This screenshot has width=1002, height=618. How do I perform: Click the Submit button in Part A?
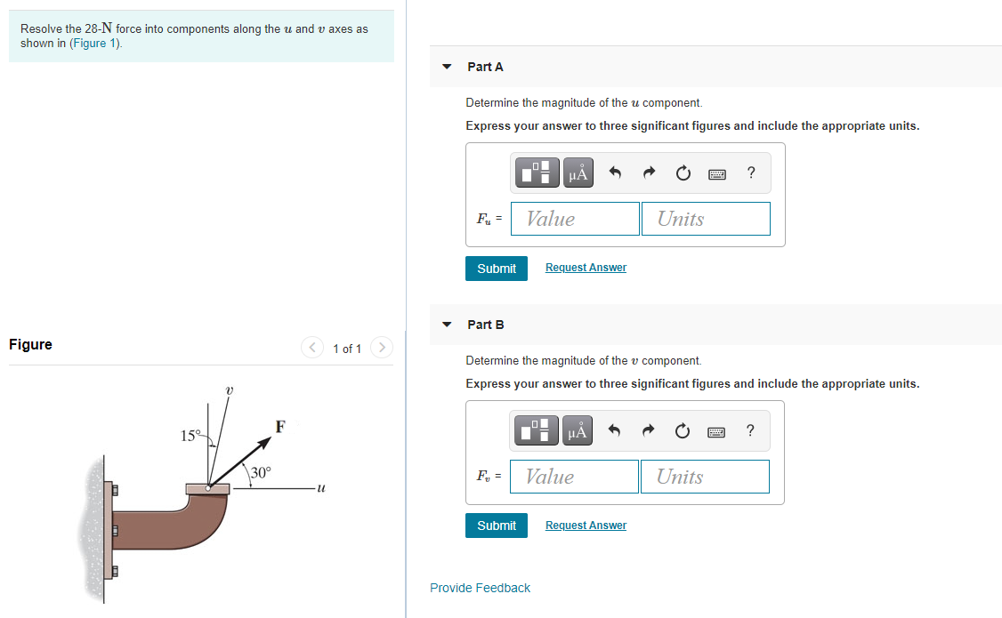(496, 269)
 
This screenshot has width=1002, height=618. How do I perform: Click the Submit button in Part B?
(496, 526)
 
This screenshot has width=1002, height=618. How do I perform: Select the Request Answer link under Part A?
(586, 268)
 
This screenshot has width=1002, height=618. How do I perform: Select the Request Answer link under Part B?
(586, 526)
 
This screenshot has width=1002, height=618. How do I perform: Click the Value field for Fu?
(575, 219)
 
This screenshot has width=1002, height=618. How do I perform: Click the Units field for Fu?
(706, 219)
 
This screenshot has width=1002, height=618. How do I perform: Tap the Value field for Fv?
(574, 477)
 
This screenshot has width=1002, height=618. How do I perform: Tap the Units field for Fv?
(705, 477)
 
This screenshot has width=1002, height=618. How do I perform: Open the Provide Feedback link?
(480, 588)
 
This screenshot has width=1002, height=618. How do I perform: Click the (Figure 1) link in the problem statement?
(94, 43)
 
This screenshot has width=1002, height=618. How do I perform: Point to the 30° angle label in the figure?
(261, 472)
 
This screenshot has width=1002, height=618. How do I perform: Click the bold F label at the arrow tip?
(279, 426)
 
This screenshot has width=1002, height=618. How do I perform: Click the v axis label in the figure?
(229, 389)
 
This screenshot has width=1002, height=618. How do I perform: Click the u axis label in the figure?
(321, 487)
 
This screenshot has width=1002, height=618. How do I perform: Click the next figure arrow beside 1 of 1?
(381, 348)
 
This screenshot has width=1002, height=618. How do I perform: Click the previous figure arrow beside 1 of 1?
(312, 348)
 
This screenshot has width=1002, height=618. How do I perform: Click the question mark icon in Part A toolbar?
(751, 173)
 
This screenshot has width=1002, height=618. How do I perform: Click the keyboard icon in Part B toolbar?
(717, 431)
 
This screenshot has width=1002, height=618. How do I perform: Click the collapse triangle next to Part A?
(447, 67)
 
